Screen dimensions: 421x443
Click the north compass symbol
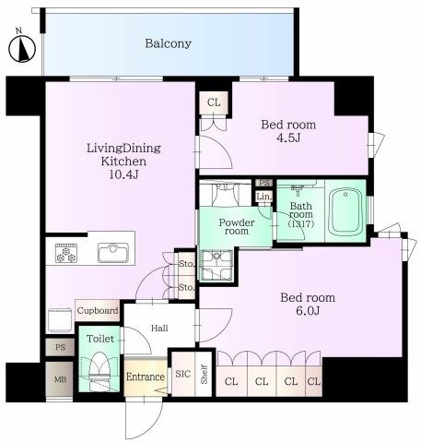(22, 49)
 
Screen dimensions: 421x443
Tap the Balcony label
(169, 43)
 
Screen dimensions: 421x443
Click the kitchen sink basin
(113, 253)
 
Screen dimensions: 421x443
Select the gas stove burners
(66, 253)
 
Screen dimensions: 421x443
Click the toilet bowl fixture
(99, 371)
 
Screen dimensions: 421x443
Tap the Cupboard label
(98, 311)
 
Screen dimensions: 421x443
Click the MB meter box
(60, 379)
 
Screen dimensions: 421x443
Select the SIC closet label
(183, 374)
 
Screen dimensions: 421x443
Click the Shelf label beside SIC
(205, 375)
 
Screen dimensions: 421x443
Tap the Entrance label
(146, 377)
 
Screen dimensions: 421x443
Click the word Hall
(159, 329)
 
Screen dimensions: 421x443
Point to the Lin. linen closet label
(264, 197)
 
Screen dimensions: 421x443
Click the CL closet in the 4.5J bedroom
(214, 102)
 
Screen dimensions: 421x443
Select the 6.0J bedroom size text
(308, 311)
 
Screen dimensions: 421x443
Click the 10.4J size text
(123, 174)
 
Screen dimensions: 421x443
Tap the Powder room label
(237, 227)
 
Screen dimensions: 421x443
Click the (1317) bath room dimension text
(301, 224)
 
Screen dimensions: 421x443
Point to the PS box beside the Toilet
(60, 347)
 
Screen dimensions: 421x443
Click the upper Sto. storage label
(186, 264)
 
